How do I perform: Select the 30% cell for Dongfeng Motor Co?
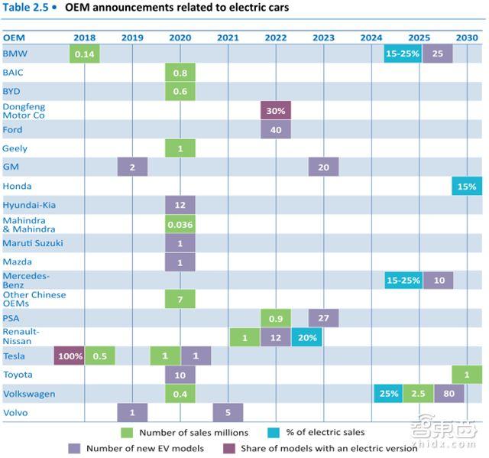pos(275,111)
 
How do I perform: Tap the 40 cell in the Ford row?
pos(275,129)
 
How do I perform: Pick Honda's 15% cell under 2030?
pos(466,186)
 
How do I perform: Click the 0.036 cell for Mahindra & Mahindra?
pos(180,225)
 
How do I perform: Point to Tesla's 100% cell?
pos(70,356)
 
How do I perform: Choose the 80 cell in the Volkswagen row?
pos(449,393)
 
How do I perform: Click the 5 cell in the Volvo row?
pos(228,412)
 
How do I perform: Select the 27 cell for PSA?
pos(323,318)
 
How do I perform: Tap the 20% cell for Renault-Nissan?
pos(306,337)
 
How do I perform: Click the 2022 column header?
pos(276,37)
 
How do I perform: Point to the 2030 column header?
pos(466,37)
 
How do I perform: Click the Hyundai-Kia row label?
pos(29,205)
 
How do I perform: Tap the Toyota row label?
pos(18,375)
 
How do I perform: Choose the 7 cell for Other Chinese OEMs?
pos(180,299)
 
